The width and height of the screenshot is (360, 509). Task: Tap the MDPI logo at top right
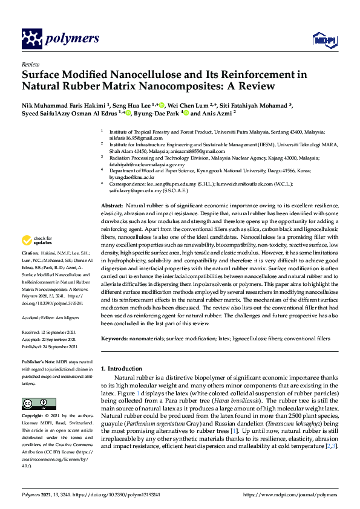point(324,40)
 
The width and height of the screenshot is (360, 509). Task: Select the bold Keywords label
point(115,340)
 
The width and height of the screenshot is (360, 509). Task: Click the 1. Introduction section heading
point(125,368)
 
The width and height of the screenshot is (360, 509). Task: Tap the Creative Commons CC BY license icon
point(34,403)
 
